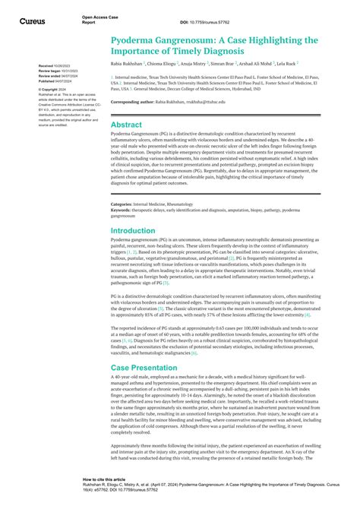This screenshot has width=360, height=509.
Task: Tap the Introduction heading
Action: tap(134, 230)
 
